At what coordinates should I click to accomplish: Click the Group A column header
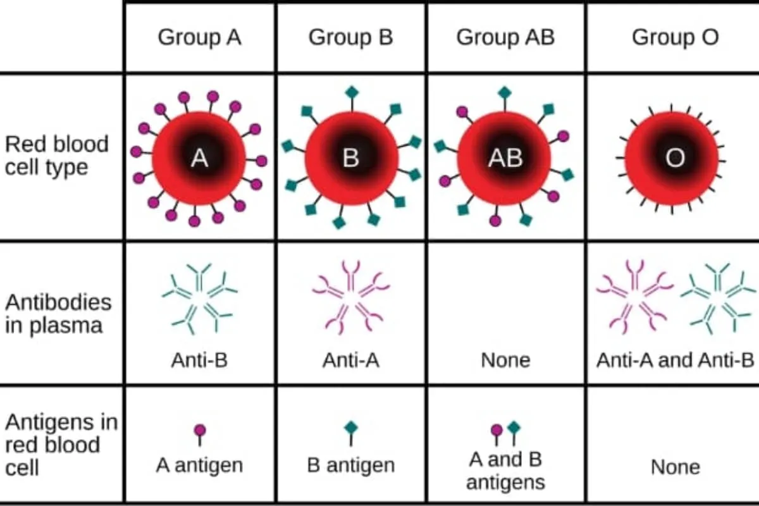click(199, 37)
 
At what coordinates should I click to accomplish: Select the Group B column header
click(350, 37)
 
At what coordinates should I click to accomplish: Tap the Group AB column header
click(505, 37)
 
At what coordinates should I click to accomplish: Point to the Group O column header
click(675, 37)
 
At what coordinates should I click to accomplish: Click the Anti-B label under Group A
click(199, 361)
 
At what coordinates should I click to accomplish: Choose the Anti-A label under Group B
click(351, 361)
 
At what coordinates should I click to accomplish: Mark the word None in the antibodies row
click(505, 361)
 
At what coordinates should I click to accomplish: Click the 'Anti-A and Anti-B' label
click(675, 361)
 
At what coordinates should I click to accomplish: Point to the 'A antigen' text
click(199, 466)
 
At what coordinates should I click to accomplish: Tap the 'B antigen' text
click(351, 466)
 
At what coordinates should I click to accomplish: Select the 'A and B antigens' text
click(505, 471)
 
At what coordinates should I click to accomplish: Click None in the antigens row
click(675, 467)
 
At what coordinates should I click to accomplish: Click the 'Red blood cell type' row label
click(57, 156)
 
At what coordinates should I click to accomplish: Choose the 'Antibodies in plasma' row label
click(58, 314)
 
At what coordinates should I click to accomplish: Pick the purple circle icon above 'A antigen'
click(200, 430)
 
